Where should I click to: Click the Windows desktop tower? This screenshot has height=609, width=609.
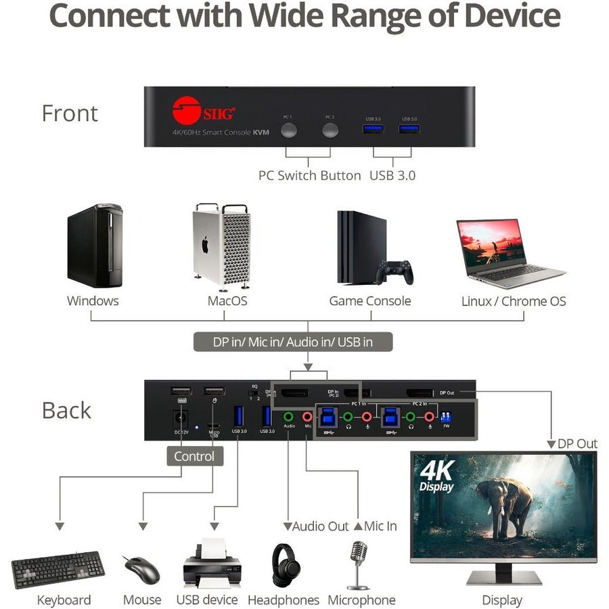point(95,245)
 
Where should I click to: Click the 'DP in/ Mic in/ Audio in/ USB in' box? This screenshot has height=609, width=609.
point(292,342)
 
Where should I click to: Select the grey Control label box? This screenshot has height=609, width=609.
point(194,456)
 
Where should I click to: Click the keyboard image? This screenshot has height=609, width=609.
point(58,570)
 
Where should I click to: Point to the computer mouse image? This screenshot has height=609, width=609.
point(141,569)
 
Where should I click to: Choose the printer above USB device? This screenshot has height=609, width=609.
point(212,564)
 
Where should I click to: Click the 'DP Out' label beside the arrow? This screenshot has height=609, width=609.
point(577,444)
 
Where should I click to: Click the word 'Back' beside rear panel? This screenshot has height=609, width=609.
point(66,410)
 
